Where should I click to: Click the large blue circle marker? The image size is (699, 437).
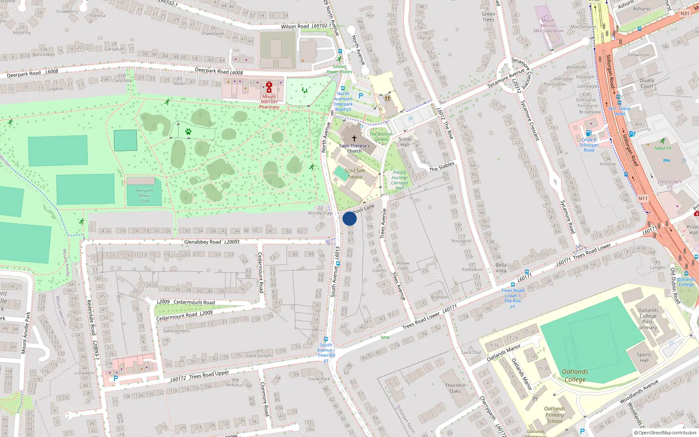coord(349,218)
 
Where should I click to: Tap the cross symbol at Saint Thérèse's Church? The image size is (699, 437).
coord(354,138)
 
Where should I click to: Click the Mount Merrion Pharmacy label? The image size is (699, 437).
coord(269,102)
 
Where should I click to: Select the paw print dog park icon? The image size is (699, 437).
coord(188,131)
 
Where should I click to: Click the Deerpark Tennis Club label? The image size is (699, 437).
coord(144,195)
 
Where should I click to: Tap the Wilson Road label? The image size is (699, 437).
coord(295,27)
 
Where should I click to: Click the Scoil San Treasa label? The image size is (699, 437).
coord(354,174)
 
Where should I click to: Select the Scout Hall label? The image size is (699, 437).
coord(405,142)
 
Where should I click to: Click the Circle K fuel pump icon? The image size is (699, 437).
coord(588,133)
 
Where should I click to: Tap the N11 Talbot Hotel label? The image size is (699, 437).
coord(619,111)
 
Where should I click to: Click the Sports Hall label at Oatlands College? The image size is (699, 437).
coord(644,357)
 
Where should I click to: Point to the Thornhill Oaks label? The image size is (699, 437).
coord(455,388)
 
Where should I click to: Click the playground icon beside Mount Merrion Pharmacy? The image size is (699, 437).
coord(305,90)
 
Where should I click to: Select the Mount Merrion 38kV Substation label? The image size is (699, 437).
coord(548,26)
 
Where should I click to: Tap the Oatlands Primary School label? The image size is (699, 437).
coord(554,415)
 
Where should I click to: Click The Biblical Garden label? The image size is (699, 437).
coord(381,137)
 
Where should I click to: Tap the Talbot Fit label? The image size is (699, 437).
coord(663,148)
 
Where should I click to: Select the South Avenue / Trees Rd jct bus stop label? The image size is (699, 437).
coord(326,353)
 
